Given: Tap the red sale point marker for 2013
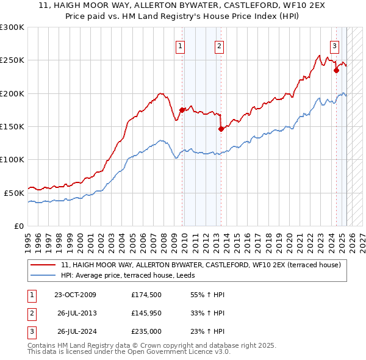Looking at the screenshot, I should pos(221,129).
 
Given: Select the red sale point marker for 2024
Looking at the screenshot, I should pos(336,70).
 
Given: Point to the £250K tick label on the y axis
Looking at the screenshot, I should pos(12,60).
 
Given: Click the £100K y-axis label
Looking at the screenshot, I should pos(12,159).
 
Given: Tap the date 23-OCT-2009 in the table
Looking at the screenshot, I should pos(75,295).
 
